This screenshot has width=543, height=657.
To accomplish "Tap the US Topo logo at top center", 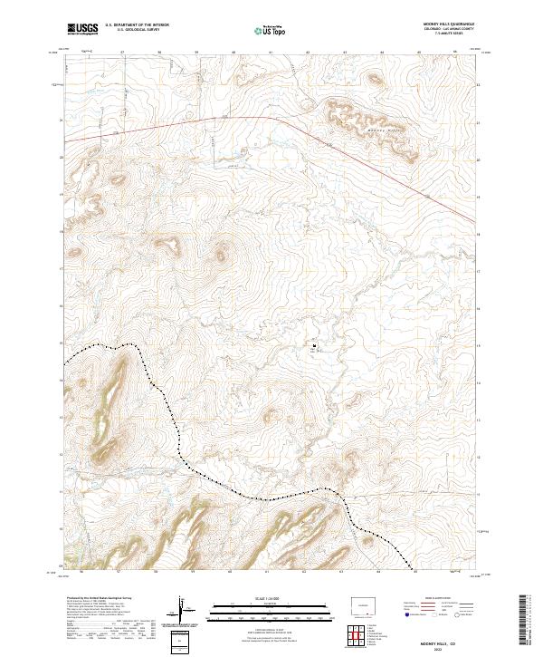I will click(x=271, y=30).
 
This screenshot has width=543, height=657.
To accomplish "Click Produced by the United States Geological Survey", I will click(x=99, y=598).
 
